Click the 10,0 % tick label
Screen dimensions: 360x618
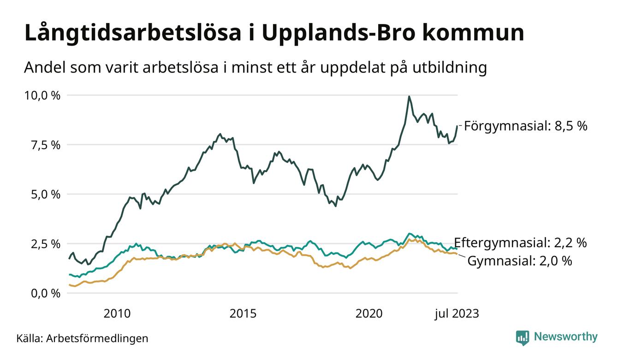pos(42,96)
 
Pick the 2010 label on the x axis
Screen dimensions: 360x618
pos(117,314)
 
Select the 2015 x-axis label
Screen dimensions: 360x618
pos(243,314)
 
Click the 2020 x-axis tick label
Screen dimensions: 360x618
pos(369,314)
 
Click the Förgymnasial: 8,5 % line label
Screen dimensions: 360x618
pos(526,126)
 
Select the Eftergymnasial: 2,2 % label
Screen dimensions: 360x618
pos(520,243)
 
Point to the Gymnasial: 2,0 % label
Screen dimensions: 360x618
pos(520,261)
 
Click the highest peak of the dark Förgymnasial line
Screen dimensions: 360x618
pos(409,96)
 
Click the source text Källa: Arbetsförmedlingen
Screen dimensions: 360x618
pos(83,338)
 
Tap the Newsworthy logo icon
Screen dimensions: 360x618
pos(522,337)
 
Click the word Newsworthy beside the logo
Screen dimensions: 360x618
pos(565,337)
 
